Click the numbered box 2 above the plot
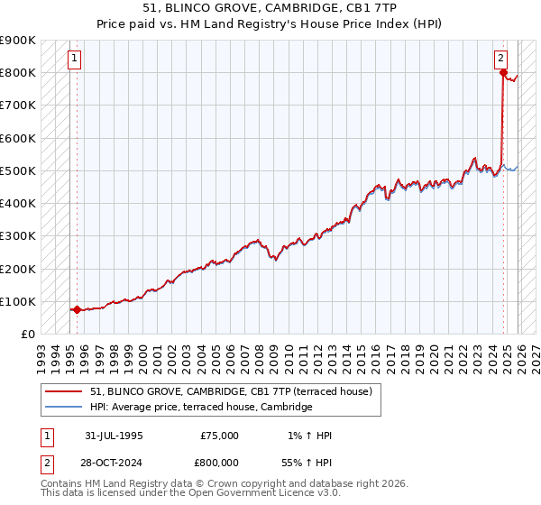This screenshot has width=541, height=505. (x=500, y=59)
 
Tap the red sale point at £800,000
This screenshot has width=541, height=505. (x=503, y=73)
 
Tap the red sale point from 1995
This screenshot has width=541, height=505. (x=77, y=309)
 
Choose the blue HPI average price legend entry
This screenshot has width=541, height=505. (x=200, y=408)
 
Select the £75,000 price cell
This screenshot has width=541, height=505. (x=220, y=436)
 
